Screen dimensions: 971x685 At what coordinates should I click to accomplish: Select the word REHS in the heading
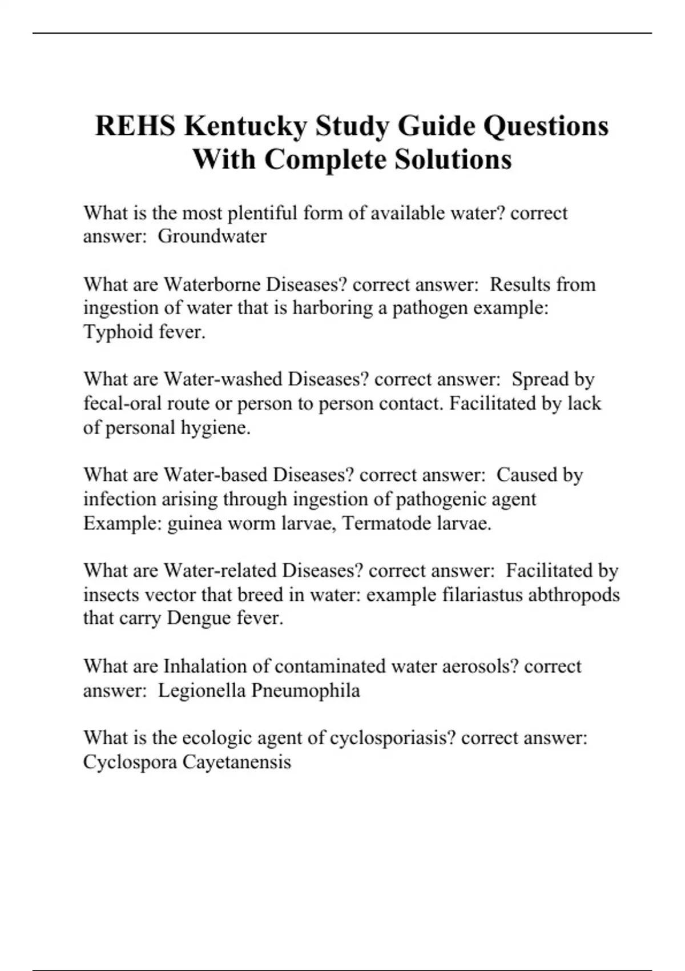point(135,126)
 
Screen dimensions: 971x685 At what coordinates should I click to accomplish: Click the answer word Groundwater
point(212,236)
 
